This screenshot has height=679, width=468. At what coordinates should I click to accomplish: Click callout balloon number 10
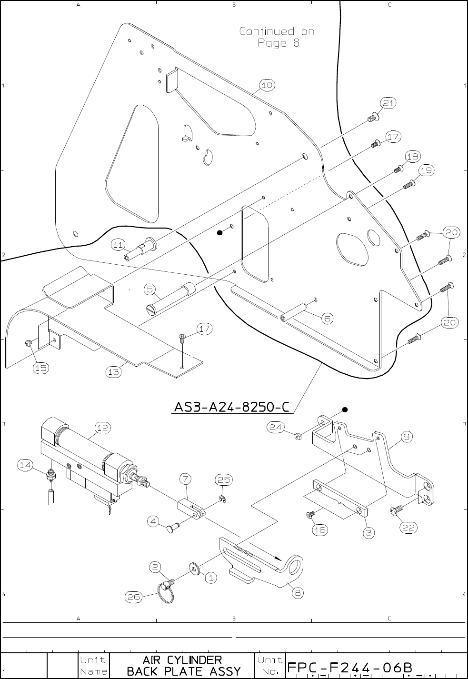(x=267, y=85)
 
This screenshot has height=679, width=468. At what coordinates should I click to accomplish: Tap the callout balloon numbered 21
(x=388, y=103)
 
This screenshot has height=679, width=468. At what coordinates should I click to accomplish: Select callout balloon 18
(x=413, y=156)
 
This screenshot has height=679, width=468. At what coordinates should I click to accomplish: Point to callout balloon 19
(x=426, y=170)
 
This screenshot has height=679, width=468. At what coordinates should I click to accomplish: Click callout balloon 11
(x=119, y=245)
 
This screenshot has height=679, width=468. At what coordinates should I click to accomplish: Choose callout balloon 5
(x=150, y=289)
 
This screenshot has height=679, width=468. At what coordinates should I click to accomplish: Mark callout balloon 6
(x=328, y=318)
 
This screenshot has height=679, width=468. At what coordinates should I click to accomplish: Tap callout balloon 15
(x=40, y=368)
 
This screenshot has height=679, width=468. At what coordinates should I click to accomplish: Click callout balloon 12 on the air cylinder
(x=102, y=428)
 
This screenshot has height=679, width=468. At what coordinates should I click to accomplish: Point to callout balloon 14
(x=26, y=465)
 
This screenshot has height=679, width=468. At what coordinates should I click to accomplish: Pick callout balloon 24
(x=274, y=427)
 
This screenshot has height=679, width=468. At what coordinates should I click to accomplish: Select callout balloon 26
(x=133, y=596)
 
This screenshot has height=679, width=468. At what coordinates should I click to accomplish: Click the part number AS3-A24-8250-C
(x=231, y=407)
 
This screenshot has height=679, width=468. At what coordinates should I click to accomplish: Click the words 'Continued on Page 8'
(x=277, y=37)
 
